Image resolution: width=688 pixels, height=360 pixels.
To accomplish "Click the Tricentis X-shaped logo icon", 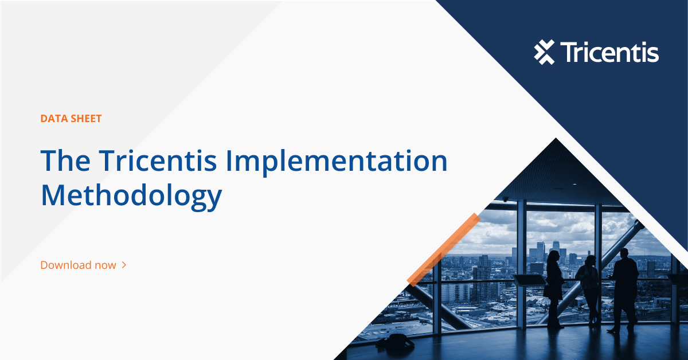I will pos(544,52).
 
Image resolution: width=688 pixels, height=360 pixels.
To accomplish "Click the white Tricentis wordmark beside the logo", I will pos(609,52).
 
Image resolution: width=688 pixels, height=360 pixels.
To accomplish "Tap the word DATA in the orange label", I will pos(53,119).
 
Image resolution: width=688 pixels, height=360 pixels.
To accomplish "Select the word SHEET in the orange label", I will pos(85,119).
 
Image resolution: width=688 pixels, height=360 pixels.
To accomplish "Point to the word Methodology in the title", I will pos(131,196).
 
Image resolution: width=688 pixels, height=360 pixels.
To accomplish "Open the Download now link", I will pos(78,265).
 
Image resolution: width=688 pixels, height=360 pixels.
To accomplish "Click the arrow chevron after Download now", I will pos(124,265).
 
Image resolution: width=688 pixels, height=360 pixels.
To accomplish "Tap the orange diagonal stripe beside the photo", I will pos(443,249).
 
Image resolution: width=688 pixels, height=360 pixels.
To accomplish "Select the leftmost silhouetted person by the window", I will pos(554,287).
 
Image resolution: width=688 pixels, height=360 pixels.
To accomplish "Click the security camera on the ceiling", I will pos(505,199).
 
